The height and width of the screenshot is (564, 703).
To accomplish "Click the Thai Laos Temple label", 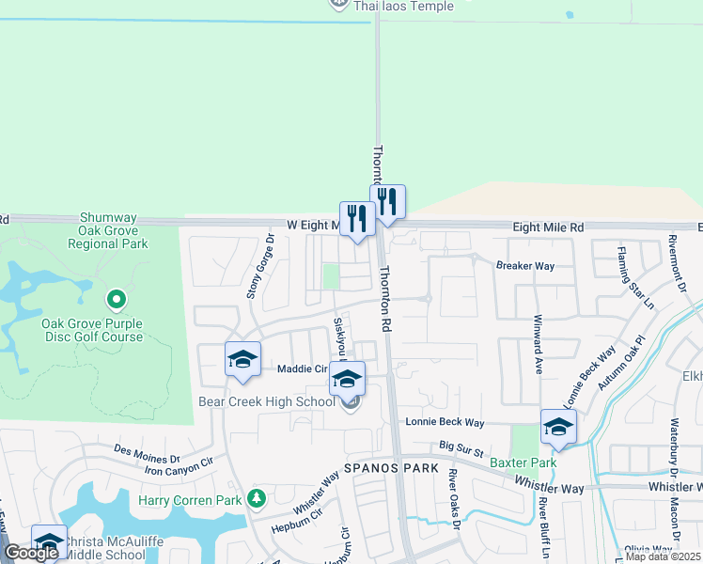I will tap(403, 6).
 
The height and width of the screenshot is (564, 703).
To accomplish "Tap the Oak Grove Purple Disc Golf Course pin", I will tap(117, 301).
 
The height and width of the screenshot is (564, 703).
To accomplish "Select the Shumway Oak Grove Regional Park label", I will tap(108, 229).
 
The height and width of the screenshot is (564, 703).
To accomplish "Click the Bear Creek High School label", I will tap(267, 401).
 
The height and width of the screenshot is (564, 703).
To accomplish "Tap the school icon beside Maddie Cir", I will tap(242, 360).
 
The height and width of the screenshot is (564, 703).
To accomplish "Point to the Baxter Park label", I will tap(523, 462).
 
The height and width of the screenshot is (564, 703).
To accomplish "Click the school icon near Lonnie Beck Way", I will tap(558, 428).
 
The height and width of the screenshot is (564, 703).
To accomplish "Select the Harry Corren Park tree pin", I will tap(257, 497).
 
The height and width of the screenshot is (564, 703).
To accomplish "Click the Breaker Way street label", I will tap(525, 266).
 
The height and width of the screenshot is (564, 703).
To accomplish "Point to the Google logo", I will tap(31, 553).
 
